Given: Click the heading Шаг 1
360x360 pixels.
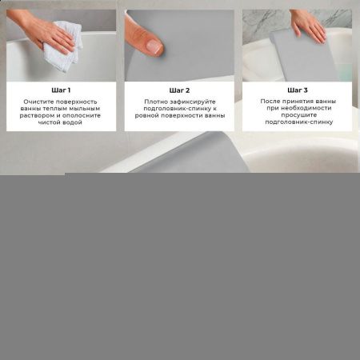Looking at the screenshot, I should coord(61,90).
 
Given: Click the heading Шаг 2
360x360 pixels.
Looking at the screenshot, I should coord(179,90).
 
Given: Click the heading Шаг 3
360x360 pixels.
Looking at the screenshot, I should coord(296,90).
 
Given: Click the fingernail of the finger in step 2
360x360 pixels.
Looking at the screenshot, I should coord(154,47).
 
